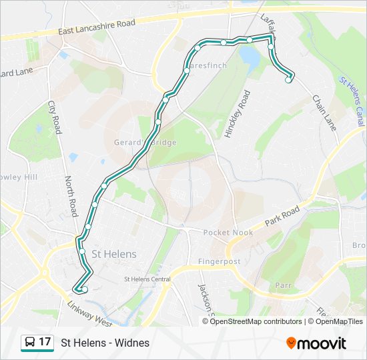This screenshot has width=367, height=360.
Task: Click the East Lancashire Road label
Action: (x=97, y=27)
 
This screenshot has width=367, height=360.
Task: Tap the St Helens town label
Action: (x=114, y=254)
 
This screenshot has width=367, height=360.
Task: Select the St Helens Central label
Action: (x=147, y=279)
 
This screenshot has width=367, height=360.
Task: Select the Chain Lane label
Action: (x=324, y=112)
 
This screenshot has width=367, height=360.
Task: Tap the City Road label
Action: (x=54, y=117)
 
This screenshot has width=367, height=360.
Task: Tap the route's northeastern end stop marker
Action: (x=289, y=80)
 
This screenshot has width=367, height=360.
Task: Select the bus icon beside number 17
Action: (x=29, y=343)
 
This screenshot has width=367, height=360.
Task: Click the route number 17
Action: (x=45, y=342)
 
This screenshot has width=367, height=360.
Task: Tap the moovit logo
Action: (x=316, y=343)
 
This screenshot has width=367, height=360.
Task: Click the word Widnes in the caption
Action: (x=132, y=343)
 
